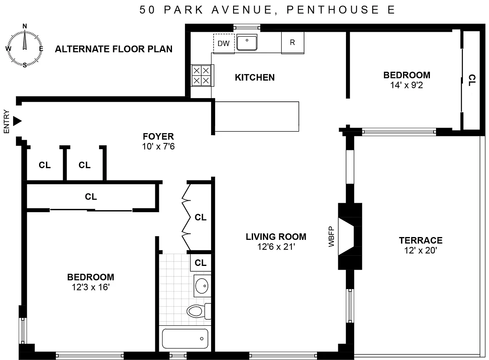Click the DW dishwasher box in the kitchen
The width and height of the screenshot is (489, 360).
224,44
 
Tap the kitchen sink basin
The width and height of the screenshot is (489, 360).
247,43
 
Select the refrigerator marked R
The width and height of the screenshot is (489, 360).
293,42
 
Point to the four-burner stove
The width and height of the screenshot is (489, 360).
202,75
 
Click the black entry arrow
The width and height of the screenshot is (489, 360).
17,121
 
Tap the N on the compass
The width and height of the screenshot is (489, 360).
25,26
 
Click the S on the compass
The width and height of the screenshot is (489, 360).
25,65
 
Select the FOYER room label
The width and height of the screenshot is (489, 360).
158,136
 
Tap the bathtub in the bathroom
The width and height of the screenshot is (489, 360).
185,338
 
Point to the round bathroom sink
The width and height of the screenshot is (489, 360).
202,286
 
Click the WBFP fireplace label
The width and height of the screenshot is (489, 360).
331,237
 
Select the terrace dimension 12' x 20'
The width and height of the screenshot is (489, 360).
421,250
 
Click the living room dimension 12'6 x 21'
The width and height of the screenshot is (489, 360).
276,247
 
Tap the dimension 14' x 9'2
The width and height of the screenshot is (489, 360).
407,85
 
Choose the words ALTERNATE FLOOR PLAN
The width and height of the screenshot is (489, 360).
114,49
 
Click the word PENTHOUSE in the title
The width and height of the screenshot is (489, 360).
333,10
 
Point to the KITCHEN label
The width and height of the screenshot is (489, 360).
255,78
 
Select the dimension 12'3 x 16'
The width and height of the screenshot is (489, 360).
90,287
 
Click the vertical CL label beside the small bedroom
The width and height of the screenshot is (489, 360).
472,80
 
